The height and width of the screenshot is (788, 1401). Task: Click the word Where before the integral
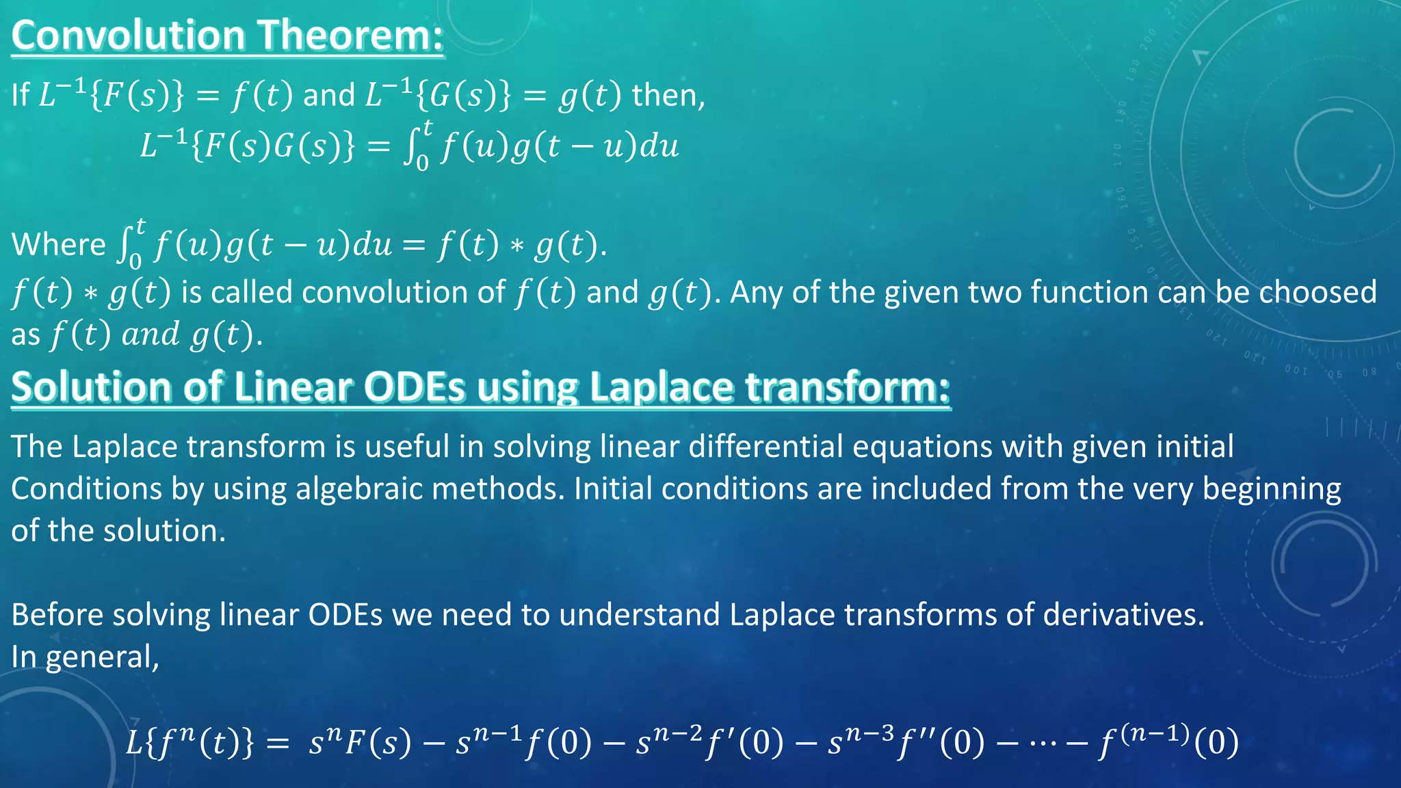pyautogui.click(x=59, y=245)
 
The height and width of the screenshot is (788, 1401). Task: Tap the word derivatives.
pyautogui.click(x=1123, y=614)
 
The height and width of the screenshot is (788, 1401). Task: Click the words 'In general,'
pyautogui.click(x=86, y=657)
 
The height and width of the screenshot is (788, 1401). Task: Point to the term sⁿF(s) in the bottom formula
pyautogui.click(x=360, y=742)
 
